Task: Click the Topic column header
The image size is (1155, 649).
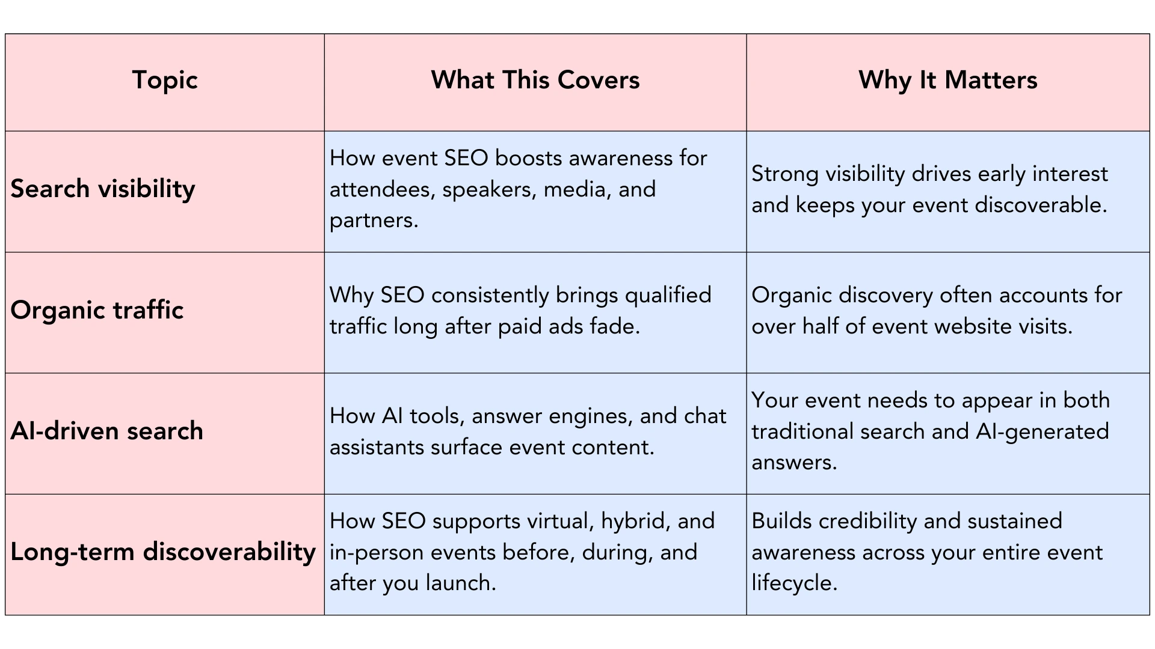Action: [165, 81]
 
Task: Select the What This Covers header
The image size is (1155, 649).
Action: [535, 81]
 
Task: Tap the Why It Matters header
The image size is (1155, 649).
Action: [947, 81]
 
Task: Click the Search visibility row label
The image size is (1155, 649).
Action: [103, 189]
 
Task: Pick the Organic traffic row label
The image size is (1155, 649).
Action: [97, 311]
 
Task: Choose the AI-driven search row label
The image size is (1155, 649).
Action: [106, 431]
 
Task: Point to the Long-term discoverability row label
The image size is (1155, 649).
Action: [163, 552]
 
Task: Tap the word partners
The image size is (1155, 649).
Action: [373, 221]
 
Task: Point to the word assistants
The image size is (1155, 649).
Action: [377, 448]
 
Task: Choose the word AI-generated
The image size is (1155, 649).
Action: [1039, 432]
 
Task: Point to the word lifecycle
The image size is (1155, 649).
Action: [794, 583]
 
